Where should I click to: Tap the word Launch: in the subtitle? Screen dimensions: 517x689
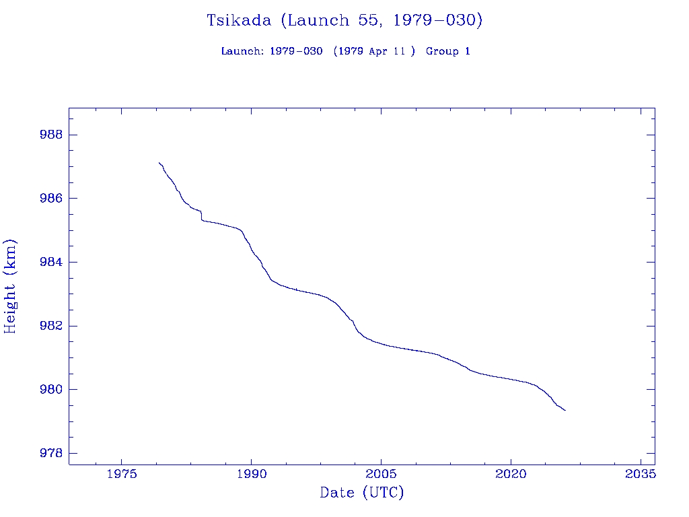[242, 52]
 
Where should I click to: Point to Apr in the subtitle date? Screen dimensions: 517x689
[379, 52]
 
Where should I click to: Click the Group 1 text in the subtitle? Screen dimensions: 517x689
[447, 52]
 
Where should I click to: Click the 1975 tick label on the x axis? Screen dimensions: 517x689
[121, 474]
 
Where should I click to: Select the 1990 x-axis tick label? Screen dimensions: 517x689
[251, 474]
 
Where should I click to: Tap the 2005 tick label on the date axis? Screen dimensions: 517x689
[381, 474]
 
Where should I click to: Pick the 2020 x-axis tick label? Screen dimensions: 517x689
[511, 474]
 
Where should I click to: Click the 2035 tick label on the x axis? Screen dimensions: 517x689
[641, 474]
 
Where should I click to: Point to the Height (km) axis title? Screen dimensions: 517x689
[10, 286]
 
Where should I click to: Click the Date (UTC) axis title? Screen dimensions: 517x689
[362, 493]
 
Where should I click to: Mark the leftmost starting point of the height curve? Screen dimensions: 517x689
[159, 162]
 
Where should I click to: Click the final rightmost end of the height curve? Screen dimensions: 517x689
[565, 410]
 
